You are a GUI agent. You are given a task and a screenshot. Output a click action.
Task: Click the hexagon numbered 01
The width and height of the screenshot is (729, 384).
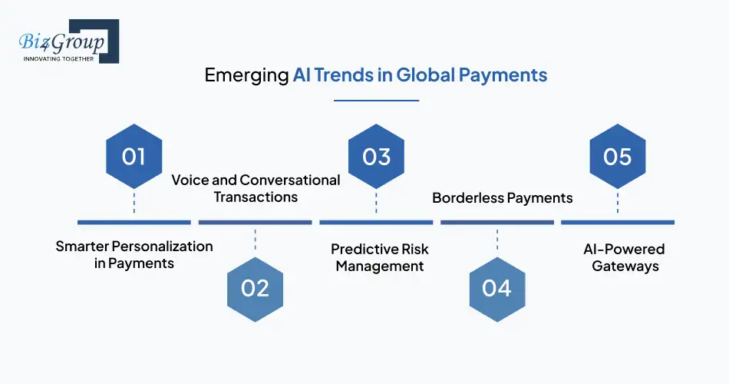(x=134, y=157)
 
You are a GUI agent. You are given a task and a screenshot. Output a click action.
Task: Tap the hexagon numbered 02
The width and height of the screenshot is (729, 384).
(x=256, y=289)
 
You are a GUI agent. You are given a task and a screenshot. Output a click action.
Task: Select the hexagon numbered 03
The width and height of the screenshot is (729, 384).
(x=376, y=157)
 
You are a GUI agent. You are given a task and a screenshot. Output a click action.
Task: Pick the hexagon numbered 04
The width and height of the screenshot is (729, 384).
(x=497, y=289)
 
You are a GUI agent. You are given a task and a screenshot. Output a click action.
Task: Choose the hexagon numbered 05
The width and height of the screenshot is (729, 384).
(x=618, y=157)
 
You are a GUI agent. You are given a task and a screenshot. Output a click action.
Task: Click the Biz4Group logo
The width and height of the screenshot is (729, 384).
(x=69, y=41)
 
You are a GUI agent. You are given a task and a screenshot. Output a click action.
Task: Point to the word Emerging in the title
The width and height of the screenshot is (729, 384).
(x=246, y=75)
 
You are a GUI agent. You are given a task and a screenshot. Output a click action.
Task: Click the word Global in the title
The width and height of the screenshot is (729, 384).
(x=425, y=75)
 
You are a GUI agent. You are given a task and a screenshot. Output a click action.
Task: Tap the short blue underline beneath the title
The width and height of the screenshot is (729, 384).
(x=377, y=100)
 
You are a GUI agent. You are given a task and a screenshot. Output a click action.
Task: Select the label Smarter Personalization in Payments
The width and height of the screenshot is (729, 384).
(x=134, y=255)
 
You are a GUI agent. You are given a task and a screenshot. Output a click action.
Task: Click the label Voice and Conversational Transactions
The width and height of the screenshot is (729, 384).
(x=256, y=188)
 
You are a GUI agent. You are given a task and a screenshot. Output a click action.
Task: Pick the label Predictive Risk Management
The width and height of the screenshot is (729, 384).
(x=380, y=257)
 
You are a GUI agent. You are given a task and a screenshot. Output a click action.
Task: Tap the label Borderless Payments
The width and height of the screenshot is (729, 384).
(x=502, y=198)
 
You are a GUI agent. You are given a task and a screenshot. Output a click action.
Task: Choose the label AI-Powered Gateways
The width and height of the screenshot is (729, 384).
(x=625, y=257)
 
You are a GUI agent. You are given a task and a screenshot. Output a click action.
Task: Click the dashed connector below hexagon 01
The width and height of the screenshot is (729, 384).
(x=134, y=204)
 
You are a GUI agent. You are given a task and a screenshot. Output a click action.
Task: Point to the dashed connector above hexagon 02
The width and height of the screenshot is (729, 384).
(x=256, y=240)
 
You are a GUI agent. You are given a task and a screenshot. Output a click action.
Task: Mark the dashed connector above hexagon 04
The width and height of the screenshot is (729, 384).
(x=497, y=240)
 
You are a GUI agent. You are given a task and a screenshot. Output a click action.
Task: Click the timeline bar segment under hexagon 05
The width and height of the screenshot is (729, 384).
(x=618, y=223)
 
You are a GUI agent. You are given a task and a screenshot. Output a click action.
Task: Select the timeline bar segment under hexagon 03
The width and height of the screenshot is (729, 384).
(x=376, y=223)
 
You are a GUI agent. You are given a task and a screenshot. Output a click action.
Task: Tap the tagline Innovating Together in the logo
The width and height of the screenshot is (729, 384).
(x=58, y=59)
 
